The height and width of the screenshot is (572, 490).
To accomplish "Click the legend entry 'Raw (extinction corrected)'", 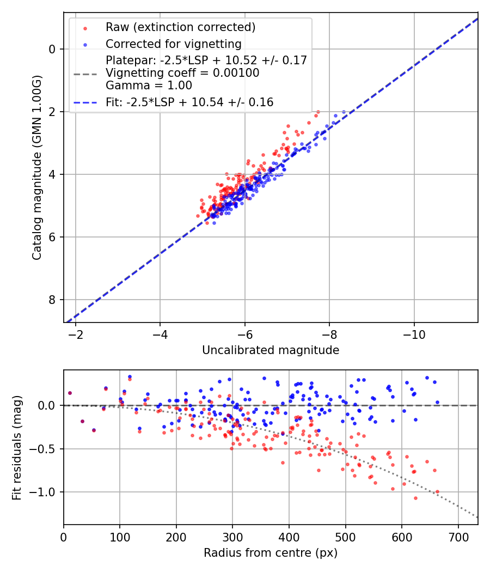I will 180,27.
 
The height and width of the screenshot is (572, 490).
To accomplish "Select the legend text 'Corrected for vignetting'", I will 173,44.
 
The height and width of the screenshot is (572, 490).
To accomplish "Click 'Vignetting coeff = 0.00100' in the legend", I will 182,73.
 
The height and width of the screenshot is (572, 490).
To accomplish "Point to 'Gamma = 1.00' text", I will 149,86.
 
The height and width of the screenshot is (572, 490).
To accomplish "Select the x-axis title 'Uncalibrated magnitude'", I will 271,350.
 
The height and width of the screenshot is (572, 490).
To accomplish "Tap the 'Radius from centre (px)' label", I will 271,553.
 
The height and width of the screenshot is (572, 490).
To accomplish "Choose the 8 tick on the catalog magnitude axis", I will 53,300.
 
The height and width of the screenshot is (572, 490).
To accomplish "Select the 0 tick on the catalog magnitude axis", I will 53,49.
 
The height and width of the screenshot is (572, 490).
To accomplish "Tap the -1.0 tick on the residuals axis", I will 46,492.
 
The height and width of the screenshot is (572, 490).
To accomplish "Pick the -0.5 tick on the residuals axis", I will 46,449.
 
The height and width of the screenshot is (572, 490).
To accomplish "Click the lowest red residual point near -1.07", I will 415,498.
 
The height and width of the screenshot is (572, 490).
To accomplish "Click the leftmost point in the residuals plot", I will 70,393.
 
